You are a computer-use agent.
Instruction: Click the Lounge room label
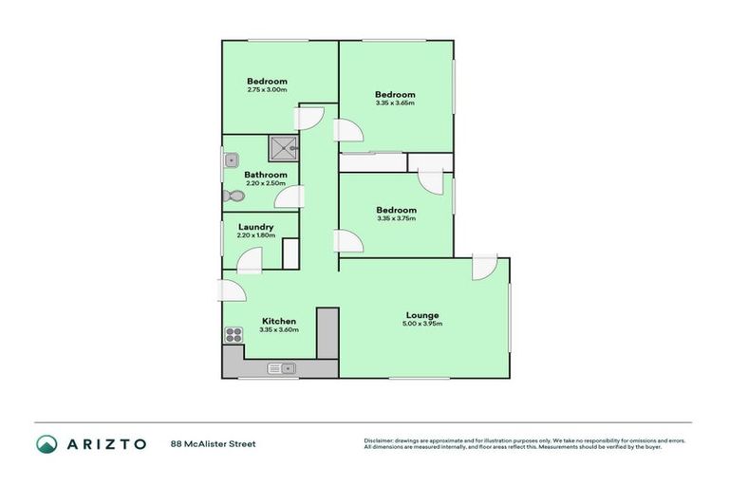click(x=422, y=315)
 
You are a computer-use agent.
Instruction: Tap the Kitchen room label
click(x=279, y=321)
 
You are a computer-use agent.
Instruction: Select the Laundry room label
click(x=256, y=227)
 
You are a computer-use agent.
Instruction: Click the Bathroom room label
click(x=266, y=175)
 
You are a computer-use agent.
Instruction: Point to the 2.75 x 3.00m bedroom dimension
click(x=267, y=90)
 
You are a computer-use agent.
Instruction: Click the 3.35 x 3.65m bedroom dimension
click(x=395, y=103)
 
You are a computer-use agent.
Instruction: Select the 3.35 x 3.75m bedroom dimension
click(x=396, y=219)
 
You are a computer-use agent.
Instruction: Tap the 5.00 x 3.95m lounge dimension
click(x=422, y=325)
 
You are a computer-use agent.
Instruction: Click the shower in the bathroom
click(x=284, y=147)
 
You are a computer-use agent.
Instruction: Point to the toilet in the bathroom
click(x=233, y=196)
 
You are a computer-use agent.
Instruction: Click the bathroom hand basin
click(x=230, y=161)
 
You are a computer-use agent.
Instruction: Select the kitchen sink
click(x=282, y=367)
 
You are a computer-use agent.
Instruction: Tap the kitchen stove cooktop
click(x=234, y=334)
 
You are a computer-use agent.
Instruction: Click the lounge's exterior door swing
click(x=484, y=267)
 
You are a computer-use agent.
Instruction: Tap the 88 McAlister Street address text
click(x=214, y=443)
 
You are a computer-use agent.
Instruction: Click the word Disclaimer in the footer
click(x=382, y=440)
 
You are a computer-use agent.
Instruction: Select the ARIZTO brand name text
click(x=105, y=443)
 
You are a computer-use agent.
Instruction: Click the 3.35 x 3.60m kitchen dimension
click(x=279, y=330)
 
